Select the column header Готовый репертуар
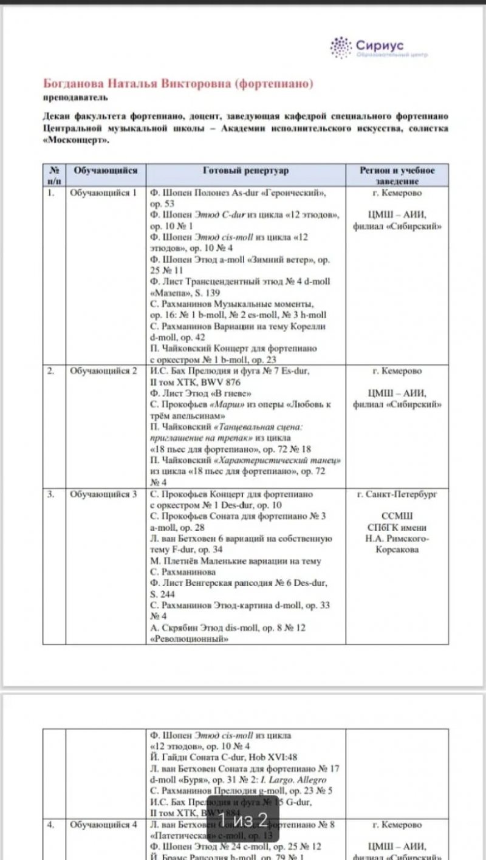coord(246,171)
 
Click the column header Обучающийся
coord(106,171)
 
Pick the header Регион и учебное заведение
coord(397,176)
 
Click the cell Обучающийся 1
coord(104,194)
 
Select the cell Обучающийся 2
coord(104,371)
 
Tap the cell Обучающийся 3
coord(104,494)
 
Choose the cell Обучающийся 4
coord(104,825)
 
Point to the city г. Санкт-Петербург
coord(397,494)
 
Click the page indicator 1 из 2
coord(243,820)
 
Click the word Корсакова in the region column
coord(397,550)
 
